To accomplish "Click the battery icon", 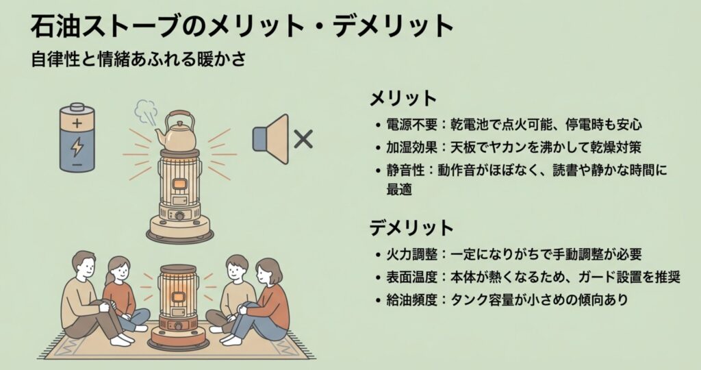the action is pos(77,137).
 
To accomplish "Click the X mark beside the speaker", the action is pos(303,139).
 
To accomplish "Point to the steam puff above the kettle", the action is pos(146,112).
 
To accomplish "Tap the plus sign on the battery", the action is pos(77,123).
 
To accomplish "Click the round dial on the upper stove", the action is pos(179,216).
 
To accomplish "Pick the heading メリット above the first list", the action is pos(403,99).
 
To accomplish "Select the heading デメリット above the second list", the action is pos(411,227).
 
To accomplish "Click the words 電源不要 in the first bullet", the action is pos(411,125).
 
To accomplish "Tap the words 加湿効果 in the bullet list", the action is pos(411,147).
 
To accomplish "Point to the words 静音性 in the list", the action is pos(405,171).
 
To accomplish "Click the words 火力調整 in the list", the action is pos(411,254).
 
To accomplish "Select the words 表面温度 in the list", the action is pos(411,277).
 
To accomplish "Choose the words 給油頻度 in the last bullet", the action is pos(411,299).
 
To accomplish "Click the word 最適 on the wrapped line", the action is pos(399,189).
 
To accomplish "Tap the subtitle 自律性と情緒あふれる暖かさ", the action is pos(138,60).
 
